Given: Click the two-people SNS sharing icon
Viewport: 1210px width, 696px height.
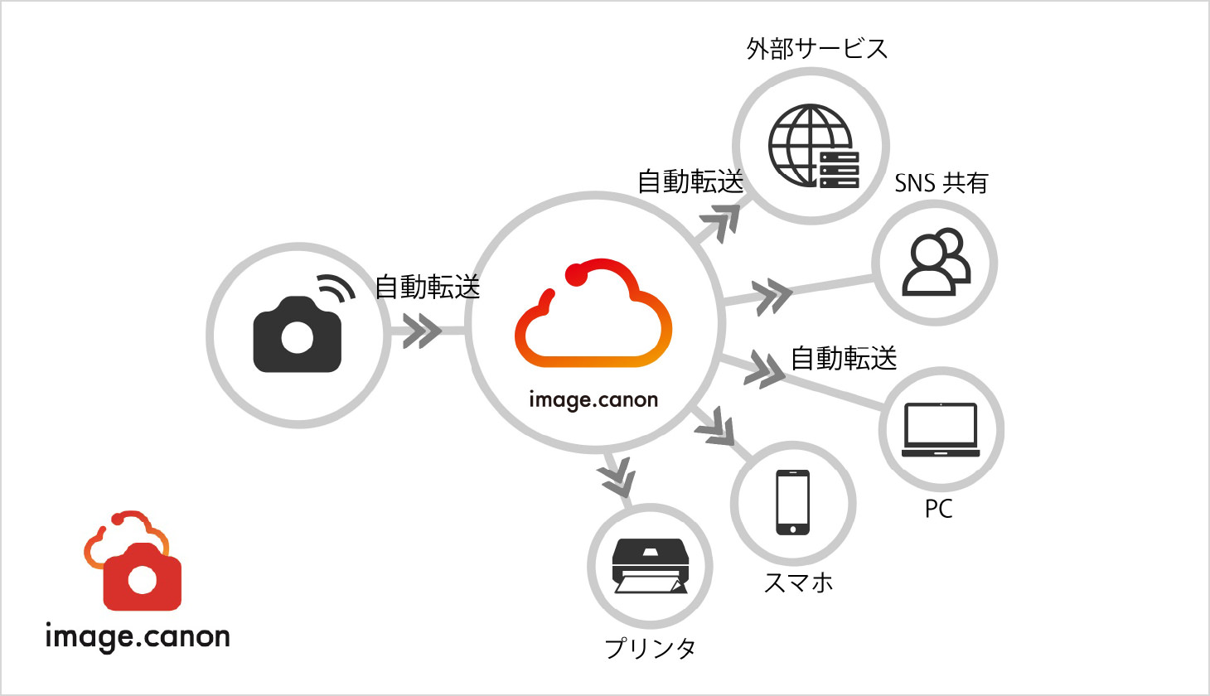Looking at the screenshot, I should point(936,263).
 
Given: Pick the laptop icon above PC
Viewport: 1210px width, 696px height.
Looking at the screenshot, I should point(941,429).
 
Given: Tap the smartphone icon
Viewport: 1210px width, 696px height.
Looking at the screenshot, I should point(793,502).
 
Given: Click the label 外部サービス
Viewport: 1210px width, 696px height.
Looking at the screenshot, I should point(817,49).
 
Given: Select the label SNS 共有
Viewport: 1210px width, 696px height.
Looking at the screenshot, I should point(941,182).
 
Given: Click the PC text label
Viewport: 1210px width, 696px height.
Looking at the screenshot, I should point(939,509).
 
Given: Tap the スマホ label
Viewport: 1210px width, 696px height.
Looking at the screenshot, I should point(798,582).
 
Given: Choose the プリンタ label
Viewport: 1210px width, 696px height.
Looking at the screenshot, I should point(651,647).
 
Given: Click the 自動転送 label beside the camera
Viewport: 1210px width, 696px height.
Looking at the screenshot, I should point(428,287).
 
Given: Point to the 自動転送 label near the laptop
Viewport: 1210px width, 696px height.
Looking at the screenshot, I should point(844,358).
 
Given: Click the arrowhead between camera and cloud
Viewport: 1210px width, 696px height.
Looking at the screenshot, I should point(422,331).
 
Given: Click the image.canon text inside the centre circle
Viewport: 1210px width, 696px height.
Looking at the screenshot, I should point(593,400).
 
